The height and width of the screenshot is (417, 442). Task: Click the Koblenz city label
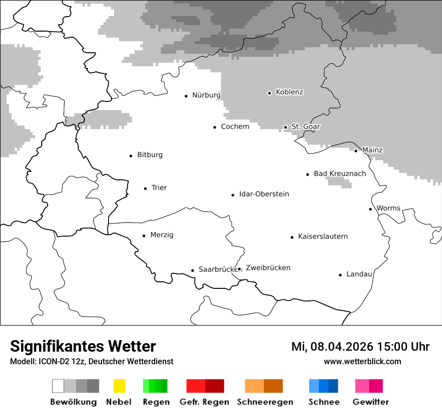[x=289, y=92]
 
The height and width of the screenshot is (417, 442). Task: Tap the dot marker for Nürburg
[x=186, y=95]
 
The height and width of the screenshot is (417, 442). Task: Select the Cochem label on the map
[x=235, y=127]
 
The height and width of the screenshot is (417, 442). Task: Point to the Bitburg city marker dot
[x=131, y=156]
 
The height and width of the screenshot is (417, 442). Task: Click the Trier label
[x=159, y=188]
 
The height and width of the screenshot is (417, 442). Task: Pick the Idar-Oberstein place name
[x=264, y=194]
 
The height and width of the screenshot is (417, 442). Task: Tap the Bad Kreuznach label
[x=340, y=173]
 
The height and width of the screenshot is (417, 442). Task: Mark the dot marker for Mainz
[x=356, y=151]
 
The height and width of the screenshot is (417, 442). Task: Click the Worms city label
[x=388, y=208]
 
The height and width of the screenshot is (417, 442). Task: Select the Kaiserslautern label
[x=322, y=236]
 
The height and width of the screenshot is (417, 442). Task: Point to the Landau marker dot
[x=340, y=275]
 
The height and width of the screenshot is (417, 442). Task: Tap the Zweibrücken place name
[x=268, y=268]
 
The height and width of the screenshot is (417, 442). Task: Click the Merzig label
[x=162, y=235]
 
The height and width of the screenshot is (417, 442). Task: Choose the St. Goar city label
[x=305, y=127]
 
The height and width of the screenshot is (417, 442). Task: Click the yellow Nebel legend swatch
[x=119, y=386]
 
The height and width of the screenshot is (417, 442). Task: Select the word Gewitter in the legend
[x=370, y=402]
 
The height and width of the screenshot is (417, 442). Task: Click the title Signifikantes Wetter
[x=83, y=346]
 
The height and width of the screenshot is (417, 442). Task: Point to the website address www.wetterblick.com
[x=362, y=361]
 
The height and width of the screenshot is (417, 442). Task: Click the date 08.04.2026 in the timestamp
[x=342, y=347]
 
